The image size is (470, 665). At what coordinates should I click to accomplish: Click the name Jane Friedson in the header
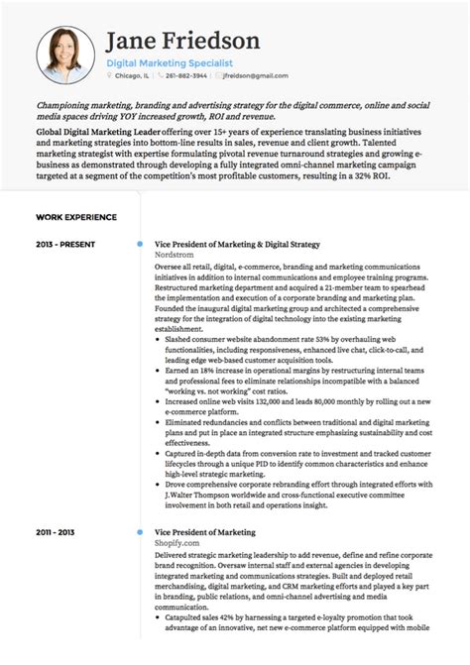pyautogui.click(x=182, y=41)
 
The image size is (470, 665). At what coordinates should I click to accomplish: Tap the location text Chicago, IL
pyautogui.click(x=134, y=75)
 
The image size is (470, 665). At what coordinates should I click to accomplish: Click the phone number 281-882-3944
pyautogui.click(x=186, y=75)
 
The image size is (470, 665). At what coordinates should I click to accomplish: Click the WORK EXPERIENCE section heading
pyautogui.click(x=76, y=216)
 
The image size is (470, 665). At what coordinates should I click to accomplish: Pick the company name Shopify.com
pyautogui.click(x=178, y=543)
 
